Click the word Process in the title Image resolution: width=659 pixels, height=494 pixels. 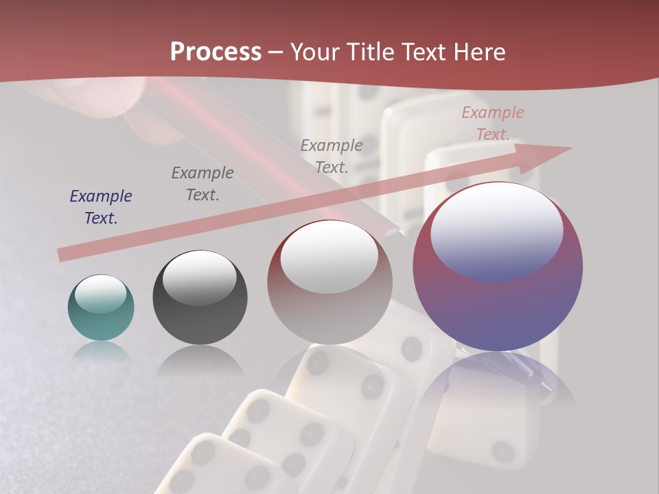(x=216, y=52)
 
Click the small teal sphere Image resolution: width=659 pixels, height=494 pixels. (x=101, y=319)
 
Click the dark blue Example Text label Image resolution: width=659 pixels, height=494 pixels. (x=101, y=207)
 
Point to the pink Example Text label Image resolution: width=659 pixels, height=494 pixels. (x=493, y=123)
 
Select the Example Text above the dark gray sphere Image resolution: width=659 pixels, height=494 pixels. (x=203, y=183)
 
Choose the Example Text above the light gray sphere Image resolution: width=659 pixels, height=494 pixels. (x=332, y=156)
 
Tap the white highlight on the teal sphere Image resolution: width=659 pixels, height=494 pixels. (x=101, y=294)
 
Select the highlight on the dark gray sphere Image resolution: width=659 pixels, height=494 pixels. (x=200, y=277)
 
